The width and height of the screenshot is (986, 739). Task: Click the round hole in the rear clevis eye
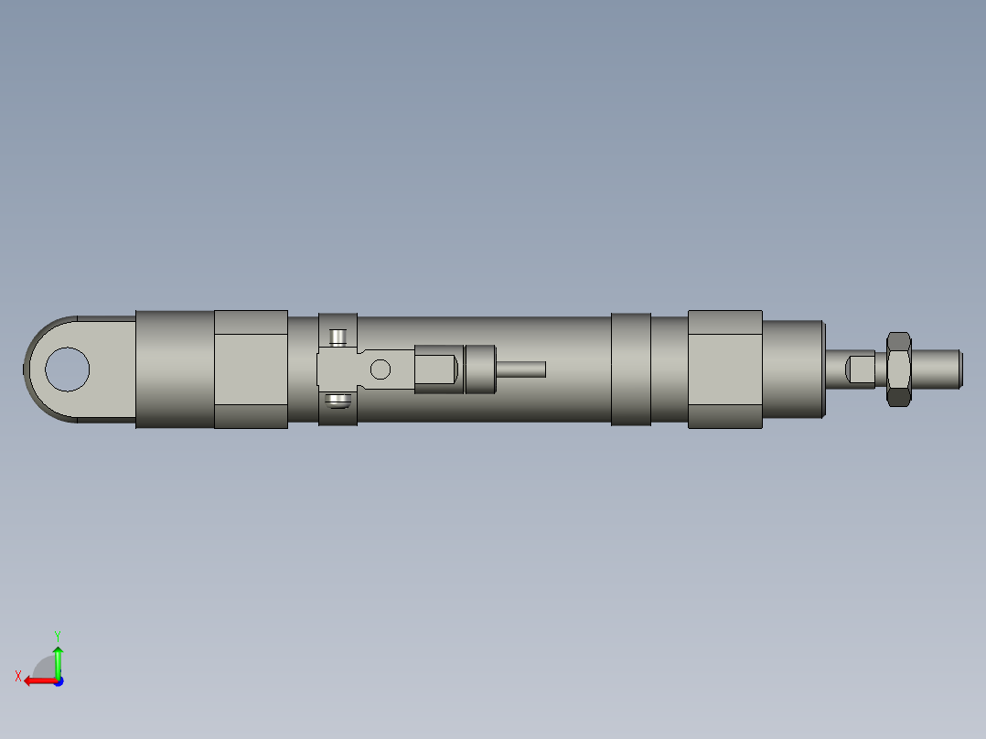click(x=67, y=369)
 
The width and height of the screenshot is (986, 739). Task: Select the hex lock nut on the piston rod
click(x=898, y=369)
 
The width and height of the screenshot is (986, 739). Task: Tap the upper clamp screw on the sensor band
click(x=339, y=337)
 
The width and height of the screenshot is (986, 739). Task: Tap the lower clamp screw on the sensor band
click(x=339, y=400)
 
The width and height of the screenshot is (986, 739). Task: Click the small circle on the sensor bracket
click(x=380, y=369)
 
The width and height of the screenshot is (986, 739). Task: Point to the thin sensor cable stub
click(x=521, y=369)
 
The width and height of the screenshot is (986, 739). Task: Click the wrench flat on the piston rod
click(x=861, y=369)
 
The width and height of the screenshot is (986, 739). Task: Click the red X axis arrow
click(x=37, y=680)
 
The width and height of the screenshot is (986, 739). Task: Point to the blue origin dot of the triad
click(x=58, y=680)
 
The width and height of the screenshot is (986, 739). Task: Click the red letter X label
click(x=18, y=676)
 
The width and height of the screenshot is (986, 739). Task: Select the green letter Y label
click(x=57, y=634)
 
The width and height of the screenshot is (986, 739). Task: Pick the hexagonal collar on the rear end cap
click(x=251, y=369)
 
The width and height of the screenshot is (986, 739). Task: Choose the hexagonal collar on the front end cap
click(x=724, y=369)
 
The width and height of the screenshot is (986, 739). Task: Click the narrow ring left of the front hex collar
click(x=631, y=369)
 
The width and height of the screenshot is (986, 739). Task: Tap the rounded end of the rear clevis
click(x=32, y=369)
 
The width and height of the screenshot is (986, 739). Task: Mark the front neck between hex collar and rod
click(x=793, y=369)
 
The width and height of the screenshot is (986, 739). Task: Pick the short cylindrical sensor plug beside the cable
click(x=480, y=369)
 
